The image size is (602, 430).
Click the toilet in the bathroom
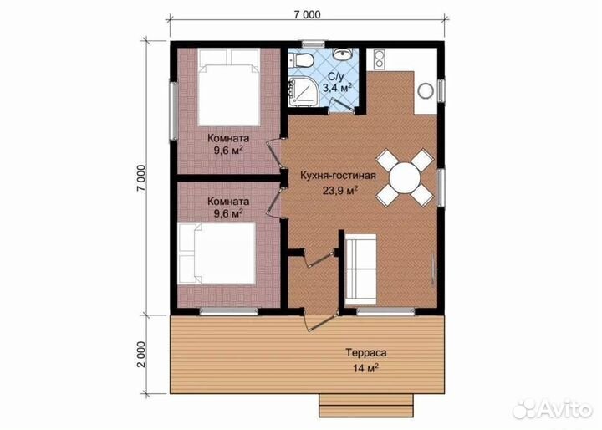tap(303, 59)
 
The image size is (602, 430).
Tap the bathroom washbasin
tap(342, 54)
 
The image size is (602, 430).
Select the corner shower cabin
tap(302, 90)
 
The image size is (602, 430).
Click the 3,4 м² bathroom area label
tap(338, 88)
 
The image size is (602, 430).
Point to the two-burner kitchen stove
tap(379, 59)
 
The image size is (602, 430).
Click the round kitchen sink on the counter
tap(426, 91)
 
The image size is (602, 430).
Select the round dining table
tap(405, 177)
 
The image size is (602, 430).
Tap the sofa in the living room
tap(360, 269)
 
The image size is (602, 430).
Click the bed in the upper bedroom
tap(229, 87)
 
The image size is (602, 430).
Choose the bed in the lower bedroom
tap(217, 253)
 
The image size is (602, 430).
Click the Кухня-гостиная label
tap(338, 176)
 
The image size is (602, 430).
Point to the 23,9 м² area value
tap(340, 190)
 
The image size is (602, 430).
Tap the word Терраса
tap(366, 353)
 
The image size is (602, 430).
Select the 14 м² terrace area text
tap(366, 368)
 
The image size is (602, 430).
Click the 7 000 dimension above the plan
tap(307, 14)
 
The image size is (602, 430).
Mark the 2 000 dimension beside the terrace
tap(141, 355)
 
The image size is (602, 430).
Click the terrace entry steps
tap(366, 405)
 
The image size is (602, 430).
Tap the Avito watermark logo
tap(553, 408)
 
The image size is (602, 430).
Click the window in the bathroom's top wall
tap(314, 44)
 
